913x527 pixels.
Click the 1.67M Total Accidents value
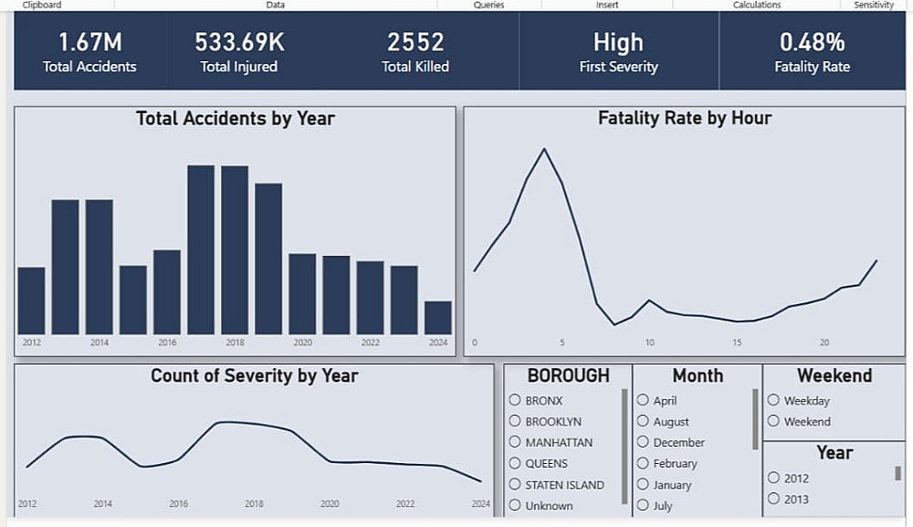pyautogui.click(x=89, y=42)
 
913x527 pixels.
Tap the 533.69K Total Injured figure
pyautogui.click(x=239, y=42)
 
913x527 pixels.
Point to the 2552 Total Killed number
pyautogui.click(x=415, y=42)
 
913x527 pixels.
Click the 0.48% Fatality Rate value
pyautogui.click(x=812, y=42)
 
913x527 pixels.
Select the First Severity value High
pyautogui.click(x=618, y=43)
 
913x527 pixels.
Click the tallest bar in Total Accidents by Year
pyautogui.click(x=201, y=250)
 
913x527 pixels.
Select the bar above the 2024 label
pyautogui.click(x=438, y=317)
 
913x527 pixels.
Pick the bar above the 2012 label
pyautogui.click(x=31, y=300)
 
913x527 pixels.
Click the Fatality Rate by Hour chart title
pyautogui.click(x=685, y=118)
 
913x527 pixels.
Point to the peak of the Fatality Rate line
pyautogui.click(x=544, y=149)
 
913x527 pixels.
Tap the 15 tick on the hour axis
pyautogui.click(x=737, y=343)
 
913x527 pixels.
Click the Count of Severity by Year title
pyautogui.click(x=255, y=375)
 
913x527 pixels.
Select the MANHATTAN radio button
pyautogui.click(x=515, y=442)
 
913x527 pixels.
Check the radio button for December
pyautogui.click(x=643, y=442)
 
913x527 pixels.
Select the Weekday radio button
pyautogui.click(x=773, y=400)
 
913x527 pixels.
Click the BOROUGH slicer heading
pyautogui.click(x=568, y=375)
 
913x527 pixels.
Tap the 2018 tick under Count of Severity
pyautogui.click(x=254, y=503)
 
